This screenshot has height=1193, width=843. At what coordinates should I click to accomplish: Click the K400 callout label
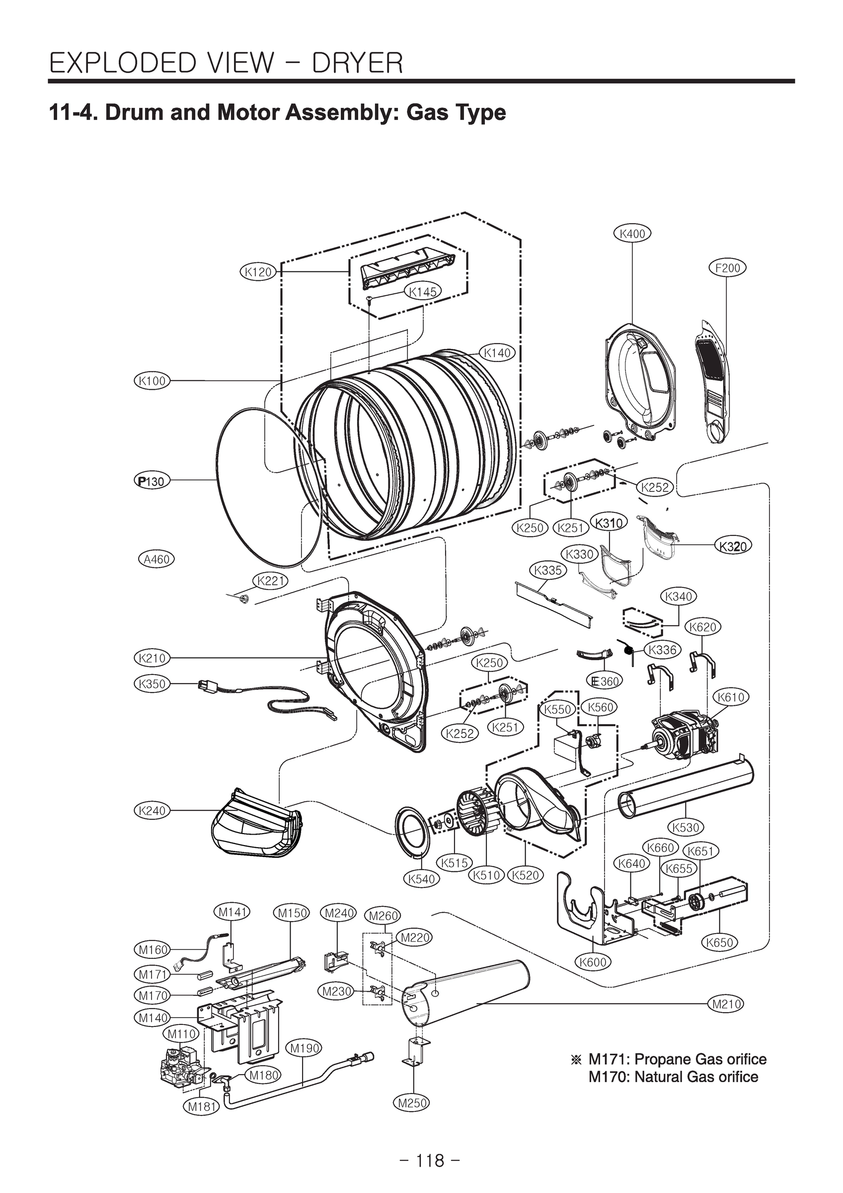tap(632, 234)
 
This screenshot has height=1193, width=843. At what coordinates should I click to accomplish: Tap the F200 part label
tap(727, 268)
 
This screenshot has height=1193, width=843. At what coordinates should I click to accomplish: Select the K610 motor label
tap(731, 697)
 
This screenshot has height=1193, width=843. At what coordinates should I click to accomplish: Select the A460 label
tap(156, 559)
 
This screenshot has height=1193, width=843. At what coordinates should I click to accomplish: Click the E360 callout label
tap(604, 681)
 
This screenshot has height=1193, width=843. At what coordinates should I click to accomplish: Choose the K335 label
tap(548, 570)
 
